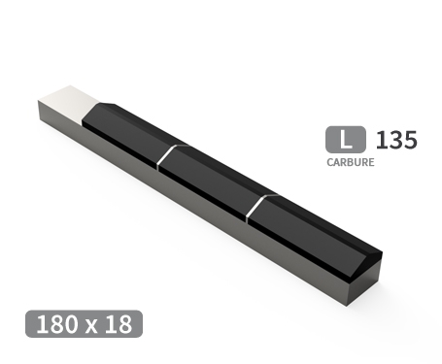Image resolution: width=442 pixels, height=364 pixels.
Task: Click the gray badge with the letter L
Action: [346, 140]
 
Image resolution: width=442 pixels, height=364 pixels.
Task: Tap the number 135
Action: [396, 140]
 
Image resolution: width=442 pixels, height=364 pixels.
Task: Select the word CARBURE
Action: [350, 163]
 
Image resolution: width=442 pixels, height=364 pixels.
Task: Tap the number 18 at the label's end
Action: [119, 324]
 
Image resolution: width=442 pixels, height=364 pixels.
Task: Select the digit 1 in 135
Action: [381, 140]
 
